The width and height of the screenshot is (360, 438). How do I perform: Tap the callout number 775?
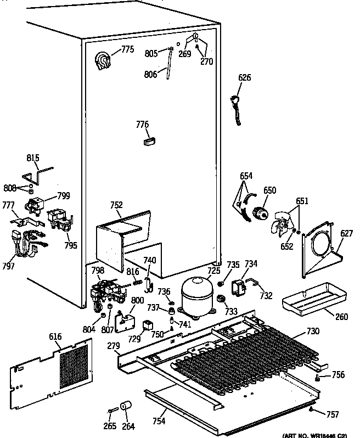coord(127,49)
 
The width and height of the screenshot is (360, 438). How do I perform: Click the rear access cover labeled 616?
coord(49,368)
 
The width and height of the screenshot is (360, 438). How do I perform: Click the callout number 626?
coord(244,78)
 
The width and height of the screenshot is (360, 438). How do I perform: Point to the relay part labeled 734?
coord(239,287)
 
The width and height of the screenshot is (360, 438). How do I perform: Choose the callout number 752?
coord(116,205)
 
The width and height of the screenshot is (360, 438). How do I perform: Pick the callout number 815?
coord(33,159)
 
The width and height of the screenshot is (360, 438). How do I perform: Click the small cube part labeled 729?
coord(148,326)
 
